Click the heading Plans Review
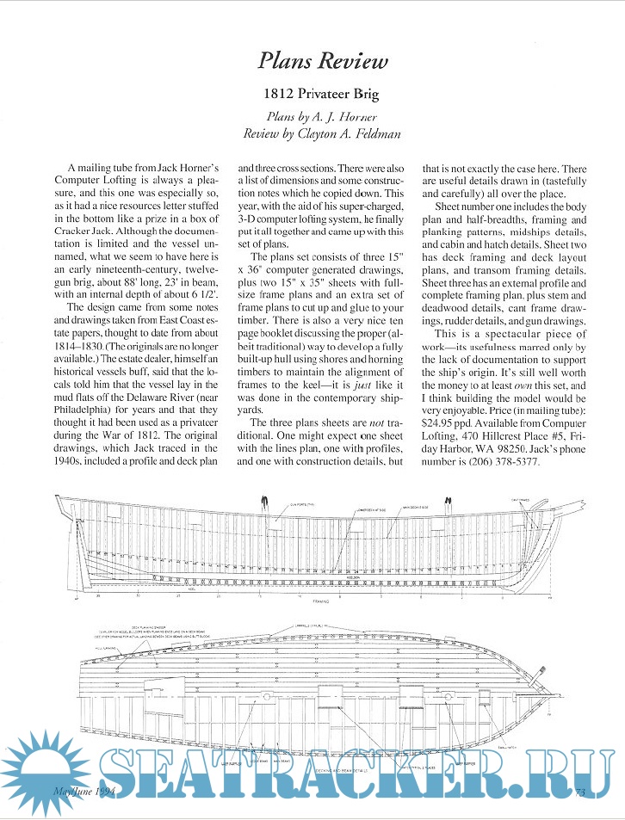pyautogui.click(x=323, y=61)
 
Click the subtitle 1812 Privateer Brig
pyautogui.click(x=323, y=94)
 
